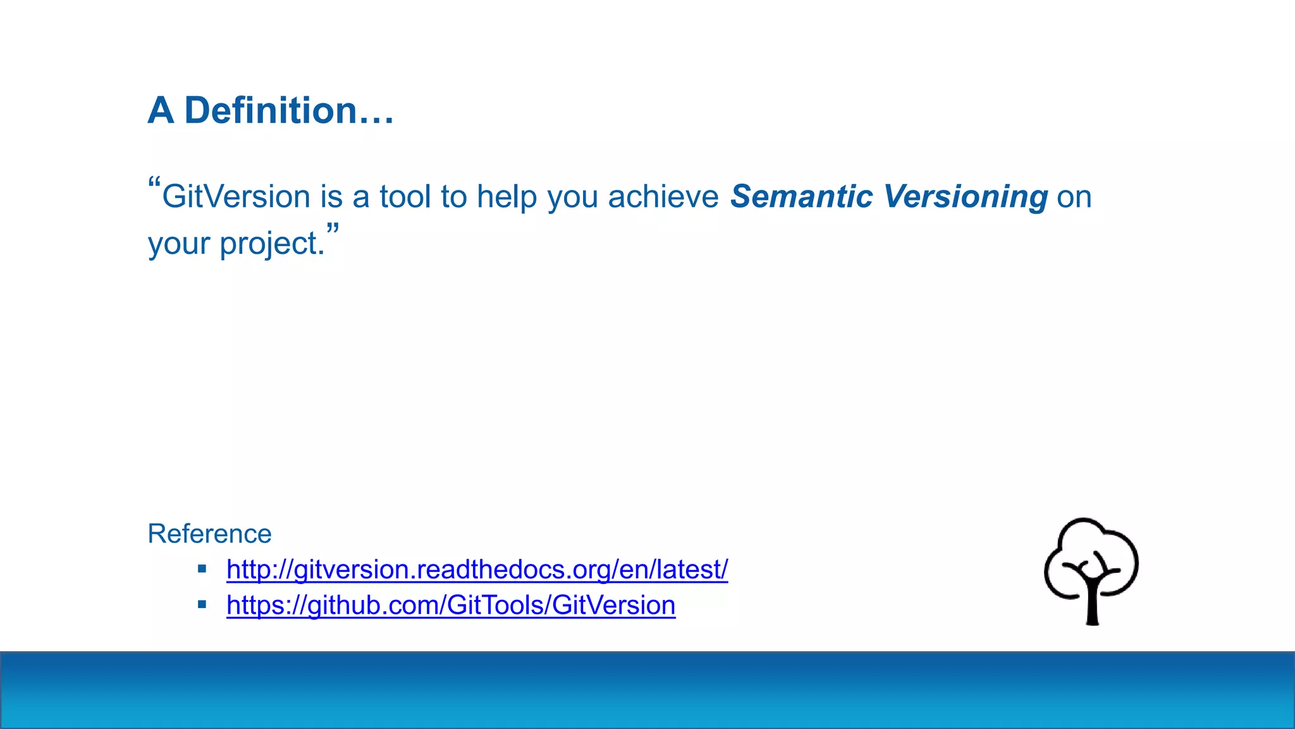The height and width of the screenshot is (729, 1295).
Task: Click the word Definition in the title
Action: click(271, 111)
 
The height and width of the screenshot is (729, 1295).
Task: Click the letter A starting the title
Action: click(161, 111)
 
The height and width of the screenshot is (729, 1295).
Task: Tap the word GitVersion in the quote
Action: click(236, 197)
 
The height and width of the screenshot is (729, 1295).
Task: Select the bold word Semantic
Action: click(801, 197)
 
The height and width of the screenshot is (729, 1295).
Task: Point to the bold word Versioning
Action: click(966, 197)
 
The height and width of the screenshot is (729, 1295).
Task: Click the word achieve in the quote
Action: click(663, 197)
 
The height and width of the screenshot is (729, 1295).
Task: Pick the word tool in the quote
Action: click(405, 197)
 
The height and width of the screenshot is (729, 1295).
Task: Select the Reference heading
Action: click(209, 533)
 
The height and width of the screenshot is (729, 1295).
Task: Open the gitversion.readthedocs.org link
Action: click(477, 570)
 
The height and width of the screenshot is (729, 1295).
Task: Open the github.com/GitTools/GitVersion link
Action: click(451, 605)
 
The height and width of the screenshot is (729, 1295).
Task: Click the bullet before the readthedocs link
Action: click(202, 569)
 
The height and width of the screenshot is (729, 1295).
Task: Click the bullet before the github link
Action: click(202, 604)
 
